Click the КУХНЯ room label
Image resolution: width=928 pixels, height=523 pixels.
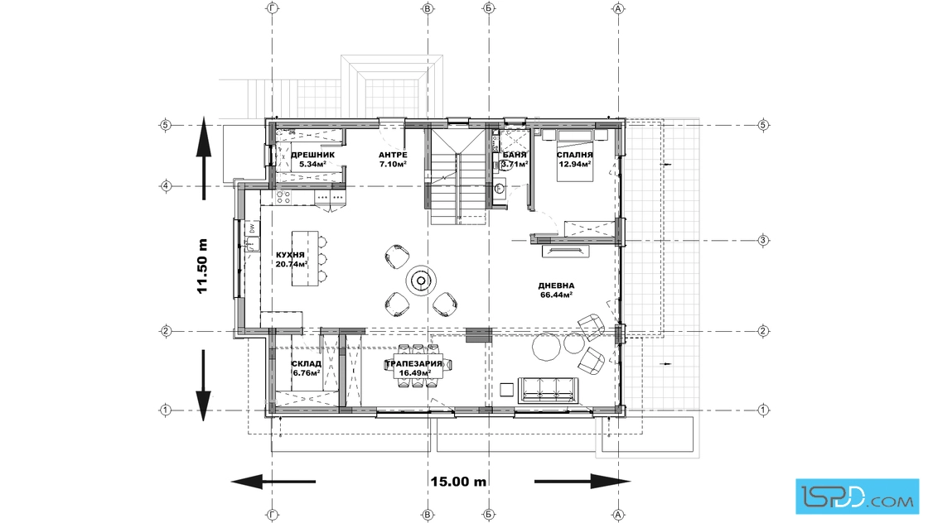pos(291,256)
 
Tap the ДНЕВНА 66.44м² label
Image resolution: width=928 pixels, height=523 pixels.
pos(556,290)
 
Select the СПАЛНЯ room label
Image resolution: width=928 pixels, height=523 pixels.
pos(575,155)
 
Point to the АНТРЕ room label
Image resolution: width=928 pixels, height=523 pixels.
pos(393,155)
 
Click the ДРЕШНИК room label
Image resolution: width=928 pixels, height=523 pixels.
pos(312,155)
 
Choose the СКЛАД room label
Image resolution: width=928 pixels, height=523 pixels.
pos(307,363)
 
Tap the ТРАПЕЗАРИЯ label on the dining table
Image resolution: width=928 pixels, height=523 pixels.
pos(413,363)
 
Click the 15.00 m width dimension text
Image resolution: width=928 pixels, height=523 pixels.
pos(459,482)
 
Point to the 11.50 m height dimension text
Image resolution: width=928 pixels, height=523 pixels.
pos(202,266)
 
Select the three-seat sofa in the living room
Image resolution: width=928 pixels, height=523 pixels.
pos(549,390)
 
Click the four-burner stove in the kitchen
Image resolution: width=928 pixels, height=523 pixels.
pos(283,197)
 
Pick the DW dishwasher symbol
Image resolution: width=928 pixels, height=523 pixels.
pos(252,228)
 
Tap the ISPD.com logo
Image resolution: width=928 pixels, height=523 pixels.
pos(857,497)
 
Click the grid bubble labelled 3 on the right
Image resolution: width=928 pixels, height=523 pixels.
pos(763,240)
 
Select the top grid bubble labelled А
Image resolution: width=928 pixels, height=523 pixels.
pos(618,9)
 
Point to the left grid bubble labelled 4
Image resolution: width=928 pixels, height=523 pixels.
pos(166,186)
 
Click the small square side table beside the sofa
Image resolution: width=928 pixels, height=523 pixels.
pos(506,390)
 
